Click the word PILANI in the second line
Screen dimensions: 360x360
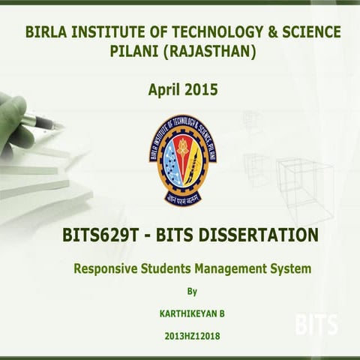pyautogui.click(x=135, y=52)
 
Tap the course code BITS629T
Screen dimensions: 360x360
pyautogui.click(x=101, y=235)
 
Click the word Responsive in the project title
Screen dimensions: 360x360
pyautogui.click(x=105, y=268)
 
